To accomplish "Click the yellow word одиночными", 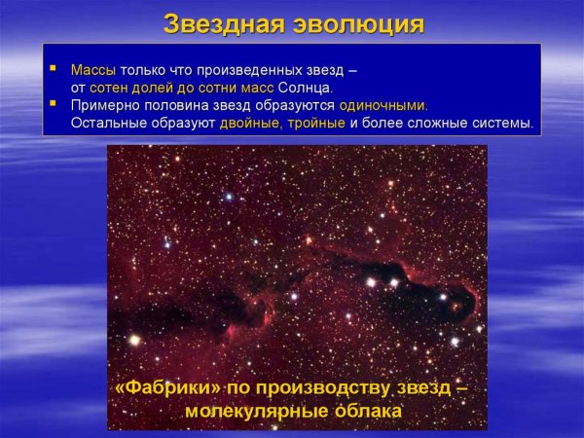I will (x=383, y=106).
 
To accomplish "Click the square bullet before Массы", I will (x=55, y=71).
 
